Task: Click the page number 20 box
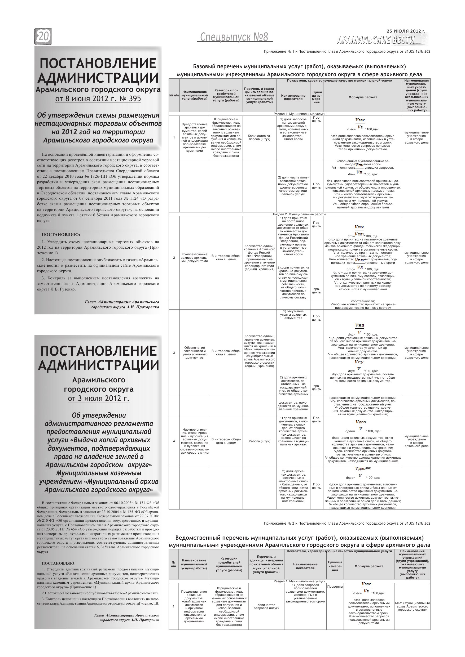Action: (x=43, y=37)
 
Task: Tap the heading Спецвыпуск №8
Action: (x=234, y=37)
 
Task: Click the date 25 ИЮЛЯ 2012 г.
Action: (x=406, y=31)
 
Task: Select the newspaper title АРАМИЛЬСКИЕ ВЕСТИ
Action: (x=376, y=41)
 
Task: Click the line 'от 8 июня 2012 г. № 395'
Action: (x=98, y=99)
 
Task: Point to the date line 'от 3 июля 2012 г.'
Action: (x=99, y=399)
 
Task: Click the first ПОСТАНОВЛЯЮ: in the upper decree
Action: (x=61, y=235)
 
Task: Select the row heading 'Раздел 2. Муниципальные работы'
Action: (x=299, y=214)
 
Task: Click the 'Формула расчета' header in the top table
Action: (x=363, y=97)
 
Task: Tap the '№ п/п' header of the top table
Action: (x=174, y=95)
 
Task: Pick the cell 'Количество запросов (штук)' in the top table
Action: (x=259, y=137)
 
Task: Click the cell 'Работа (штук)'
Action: (x=259, y=441)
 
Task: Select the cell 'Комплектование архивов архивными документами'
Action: (x=195, y=258)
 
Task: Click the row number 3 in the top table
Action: (x=174, y=353)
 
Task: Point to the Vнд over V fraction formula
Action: (x=359, y=328)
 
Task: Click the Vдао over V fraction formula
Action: (x=361, y=425)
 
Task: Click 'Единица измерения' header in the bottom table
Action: (x=335, y=566)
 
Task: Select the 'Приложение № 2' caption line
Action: (x=347, y=523)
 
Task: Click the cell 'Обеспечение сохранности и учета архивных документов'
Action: (x=195, y=353)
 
